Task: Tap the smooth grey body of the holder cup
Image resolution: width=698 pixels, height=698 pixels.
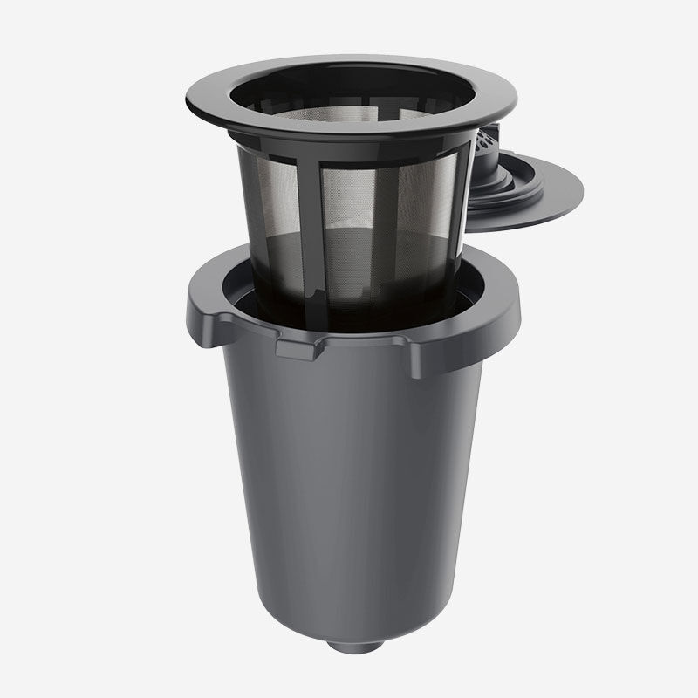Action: coord(349,489)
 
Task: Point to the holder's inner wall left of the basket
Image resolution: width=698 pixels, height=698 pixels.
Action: coord(244,297)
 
